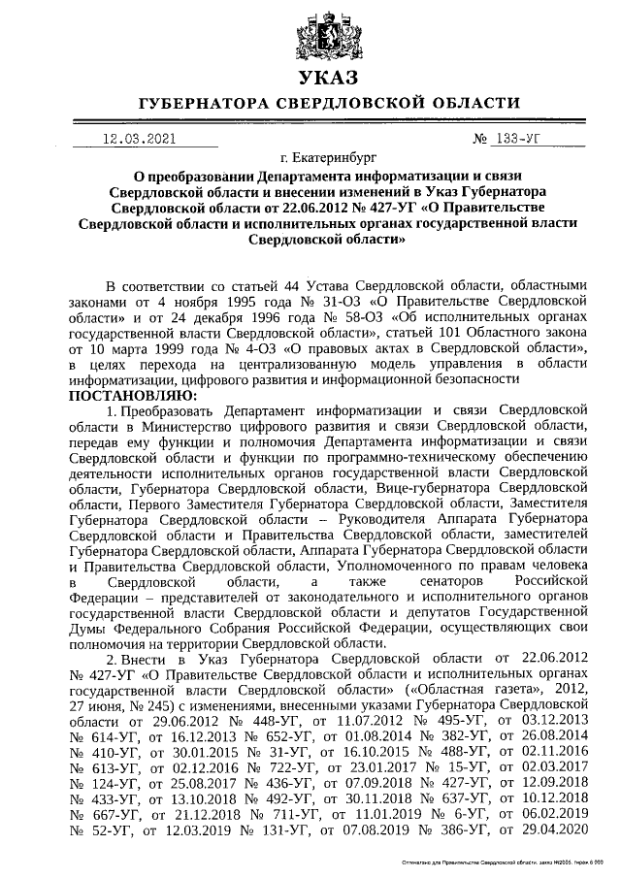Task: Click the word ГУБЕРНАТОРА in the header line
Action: pyautogui.click(x=200, y=103)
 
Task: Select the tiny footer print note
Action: pyautogui.click(x=505, y=862)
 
